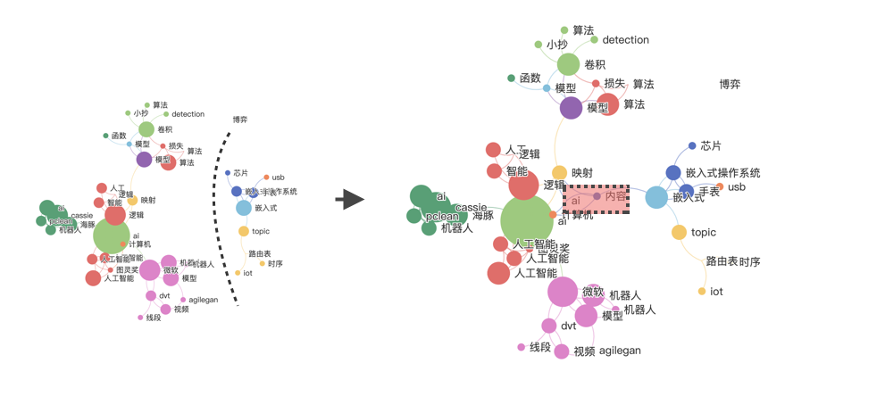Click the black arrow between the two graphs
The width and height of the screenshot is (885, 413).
point(354,199)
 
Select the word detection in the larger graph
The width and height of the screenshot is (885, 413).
point(625,40)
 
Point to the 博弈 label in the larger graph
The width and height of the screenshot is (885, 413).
point(730,85)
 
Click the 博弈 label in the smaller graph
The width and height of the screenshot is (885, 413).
point(239,120)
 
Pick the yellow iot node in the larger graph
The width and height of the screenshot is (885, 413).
point(702,292)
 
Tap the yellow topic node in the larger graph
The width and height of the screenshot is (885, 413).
point(679,233)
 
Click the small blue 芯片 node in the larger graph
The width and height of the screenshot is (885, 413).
point(692,145)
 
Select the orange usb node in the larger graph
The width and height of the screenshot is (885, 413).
point(720,186)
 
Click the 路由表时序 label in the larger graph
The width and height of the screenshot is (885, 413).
point(733,261)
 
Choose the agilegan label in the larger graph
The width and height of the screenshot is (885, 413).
point(620,351)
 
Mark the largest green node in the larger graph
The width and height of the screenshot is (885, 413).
point(527,221)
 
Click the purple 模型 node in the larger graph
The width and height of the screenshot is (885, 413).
point(571,108)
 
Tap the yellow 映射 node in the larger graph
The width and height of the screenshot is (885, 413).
point(559,172)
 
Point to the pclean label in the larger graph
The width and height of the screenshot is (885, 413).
point(442,217)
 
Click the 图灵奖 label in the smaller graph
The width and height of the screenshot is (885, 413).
point(123,269)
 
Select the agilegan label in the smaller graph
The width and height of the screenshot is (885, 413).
point(203,300)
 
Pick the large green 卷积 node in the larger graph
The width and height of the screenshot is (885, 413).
point(569,64)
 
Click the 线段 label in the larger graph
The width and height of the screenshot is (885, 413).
point(540,347)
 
